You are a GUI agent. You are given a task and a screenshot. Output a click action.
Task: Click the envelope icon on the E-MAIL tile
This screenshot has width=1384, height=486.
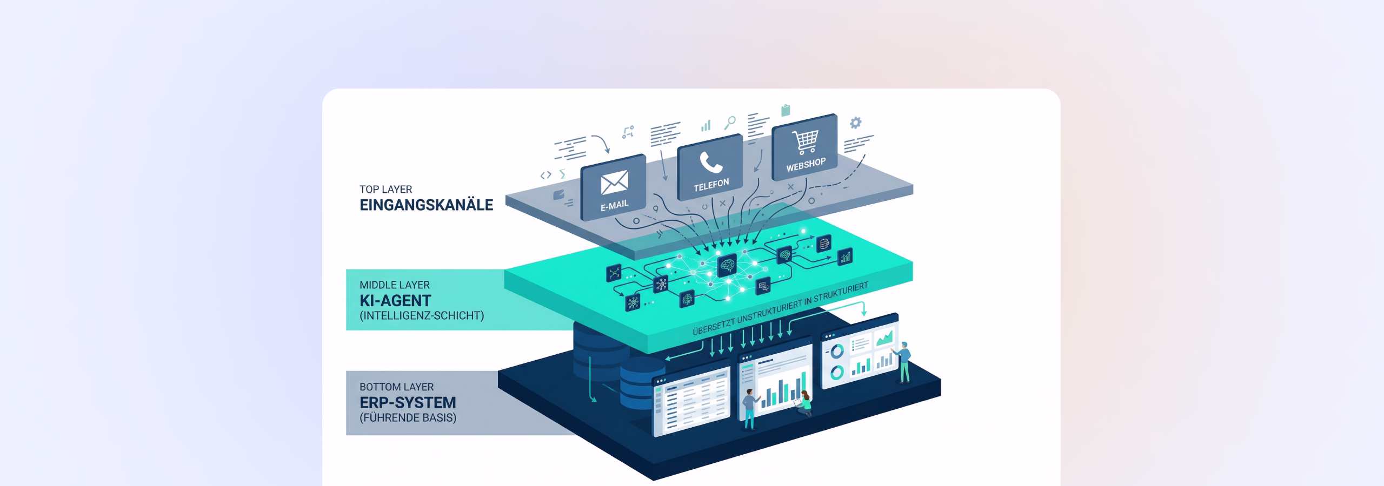(x=614, y=182)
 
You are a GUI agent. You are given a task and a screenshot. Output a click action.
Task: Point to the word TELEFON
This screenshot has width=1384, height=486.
(x=711, y=185)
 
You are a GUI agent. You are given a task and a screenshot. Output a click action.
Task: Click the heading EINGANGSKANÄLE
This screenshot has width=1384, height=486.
(x=426, y=205)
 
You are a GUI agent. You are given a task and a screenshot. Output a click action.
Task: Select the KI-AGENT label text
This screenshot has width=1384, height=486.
(x=395, y=301)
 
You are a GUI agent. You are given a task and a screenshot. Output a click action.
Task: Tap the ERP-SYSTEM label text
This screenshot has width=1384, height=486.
(x=408, y=403)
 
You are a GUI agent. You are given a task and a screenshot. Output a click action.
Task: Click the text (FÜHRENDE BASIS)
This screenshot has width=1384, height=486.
(x=408, y=417)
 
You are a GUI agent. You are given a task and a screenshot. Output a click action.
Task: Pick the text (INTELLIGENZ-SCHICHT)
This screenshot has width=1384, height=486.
(x=422, y=315)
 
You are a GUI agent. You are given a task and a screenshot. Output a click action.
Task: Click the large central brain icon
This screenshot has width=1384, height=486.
(x=727, y=265)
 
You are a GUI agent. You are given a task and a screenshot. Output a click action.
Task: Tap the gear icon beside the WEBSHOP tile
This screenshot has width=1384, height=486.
(x=855, y=123)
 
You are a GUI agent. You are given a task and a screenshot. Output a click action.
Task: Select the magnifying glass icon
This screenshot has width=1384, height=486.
(x=730, y=123)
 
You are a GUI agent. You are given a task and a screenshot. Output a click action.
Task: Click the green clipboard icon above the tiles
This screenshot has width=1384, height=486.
(x=786, y=110)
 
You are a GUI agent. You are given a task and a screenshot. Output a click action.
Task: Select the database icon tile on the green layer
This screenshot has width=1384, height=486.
(x=824, y=244)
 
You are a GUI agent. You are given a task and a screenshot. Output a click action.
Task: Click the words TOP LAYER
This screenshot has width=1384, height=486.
(x=385, y=190)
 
